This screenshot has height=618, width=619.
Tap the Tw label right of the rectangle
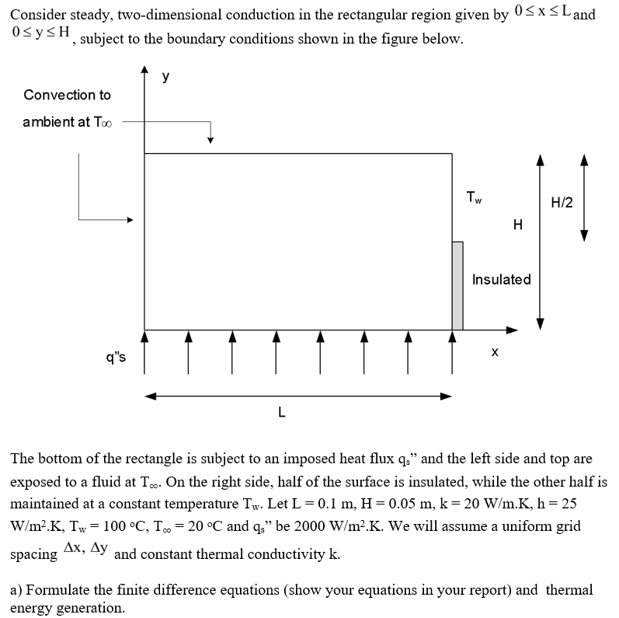coord(474,197)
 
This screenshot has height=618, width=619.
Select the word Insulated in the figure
coord(501,279)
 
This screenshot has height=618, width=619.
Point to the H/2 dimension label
coord(562,203)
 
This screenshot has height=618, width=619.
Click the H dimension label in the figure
coord(518,225)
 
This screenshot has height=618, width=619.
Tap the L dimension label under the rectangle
coord(282,412)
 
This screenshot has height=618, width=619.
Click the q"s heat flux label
coord(116,358)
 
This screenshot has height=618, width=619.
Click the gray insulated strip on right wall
coord(457,285)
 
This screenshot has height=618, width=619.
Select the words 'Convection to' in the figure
coord(68,95)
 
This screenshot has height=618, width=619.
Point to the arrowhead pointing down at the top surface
coord(210,140)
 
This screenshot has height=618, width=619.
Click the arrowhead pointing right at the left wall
coord(130,220)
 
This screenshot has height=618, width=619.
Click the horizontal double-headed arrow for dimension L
coord(298,396)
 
